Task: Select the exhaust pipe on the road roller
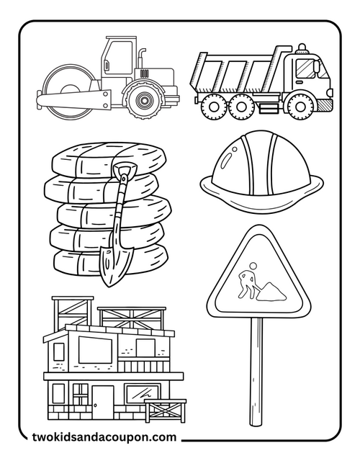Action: pyautogui.click(x=142, y=59)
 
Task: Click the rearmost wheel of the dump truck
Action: pyautogui.click(x=211, y=105)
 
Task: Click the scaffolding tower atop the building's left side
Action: pyautogui.click(x=71, y=313)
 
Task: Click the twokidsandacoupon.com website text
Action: pyautogui.click(x=104, y=436)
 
